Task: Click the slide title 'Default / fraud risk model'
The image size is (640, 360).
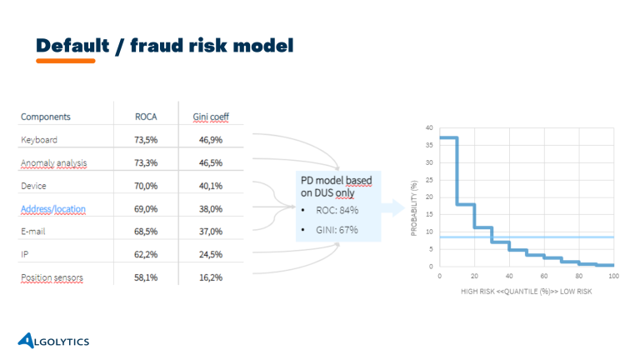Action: (164, 45)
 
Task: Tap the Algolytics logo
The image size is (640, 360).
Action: (53, 341)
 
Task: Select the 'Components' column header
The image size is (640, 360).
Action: (46, 117)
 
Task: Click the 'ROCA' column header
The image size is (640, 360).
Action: (147, 117)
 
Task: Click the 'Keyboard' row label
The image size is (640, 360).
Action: (39, 139)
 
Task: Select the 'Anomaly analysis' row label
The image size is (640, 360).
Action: (53, 162)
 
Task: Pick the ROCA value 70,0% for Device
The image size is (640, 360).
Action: (147, 186)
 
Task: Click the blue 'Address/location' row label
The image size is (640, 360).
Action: (53, 208)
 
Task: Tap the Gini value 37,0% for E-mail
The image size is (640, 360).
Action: (210, 231)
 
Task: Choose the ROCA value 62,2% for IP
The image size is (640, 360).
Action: (147, 254)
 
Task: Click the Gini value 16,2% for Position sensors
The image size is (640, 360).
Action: (210, 277)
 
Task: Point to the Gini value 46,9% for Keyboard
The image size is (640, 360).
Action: (210, 139)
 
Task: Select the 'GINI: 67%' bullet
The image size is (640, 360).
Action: (332, 229)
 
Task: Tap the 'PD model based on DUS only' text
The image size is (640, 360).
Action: (337, 187)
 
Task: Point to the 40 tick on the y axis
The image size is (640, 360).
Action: (429, 128)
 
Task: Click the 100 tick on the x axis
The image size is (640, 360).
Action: (612, 275)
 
